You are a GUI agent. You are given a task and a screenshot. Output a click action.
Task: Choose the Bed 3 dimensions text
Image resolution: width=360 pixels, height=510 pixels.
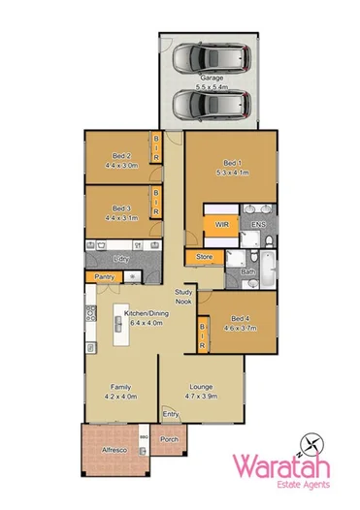click(120, 219)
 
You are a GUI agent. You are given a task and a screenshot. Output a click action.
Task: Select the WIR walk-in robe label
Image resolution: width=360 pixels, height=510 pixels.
click(221, 224)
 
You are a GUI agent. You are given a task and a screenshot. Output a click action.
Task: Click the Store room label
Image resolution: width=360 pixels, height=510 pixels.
click(205, 257)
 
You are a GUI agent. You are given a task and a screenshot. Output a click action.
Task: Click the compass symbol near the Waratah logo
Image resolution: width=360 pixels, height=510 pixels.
click(311, 445)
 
